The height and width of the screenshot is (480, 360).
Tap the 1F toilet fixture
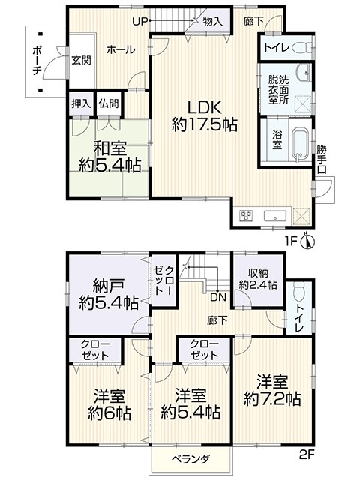[302, 48]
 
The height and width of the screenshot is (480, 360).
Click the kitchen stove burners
[246, 215]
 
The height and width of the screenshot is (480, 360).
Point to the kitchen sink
[275, 215]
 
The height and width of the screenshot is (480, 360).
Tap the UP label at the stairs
[140, 21]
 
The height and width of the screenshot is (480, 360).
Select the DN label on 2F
[218, 297]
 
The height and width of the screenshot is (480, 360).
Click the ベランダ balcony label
[190, 459]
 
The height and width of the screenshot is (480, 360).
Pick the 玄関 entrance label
[82, 60]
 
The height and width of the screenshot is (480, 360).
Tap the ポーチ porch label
[37, 61]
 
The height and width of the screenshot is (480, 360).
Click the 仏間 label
[109, 103]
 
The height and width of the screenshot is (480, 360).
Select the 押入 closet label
[81, 103]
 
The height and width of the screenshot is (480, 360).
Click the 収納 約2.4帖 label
[258, 279]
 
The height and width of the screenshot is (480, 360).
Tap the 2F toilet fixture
[299, 292]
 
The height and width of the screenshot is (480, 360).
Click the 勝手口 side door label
[322, 159]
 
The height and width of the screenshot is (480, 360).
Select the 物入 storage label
[212, 22]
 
